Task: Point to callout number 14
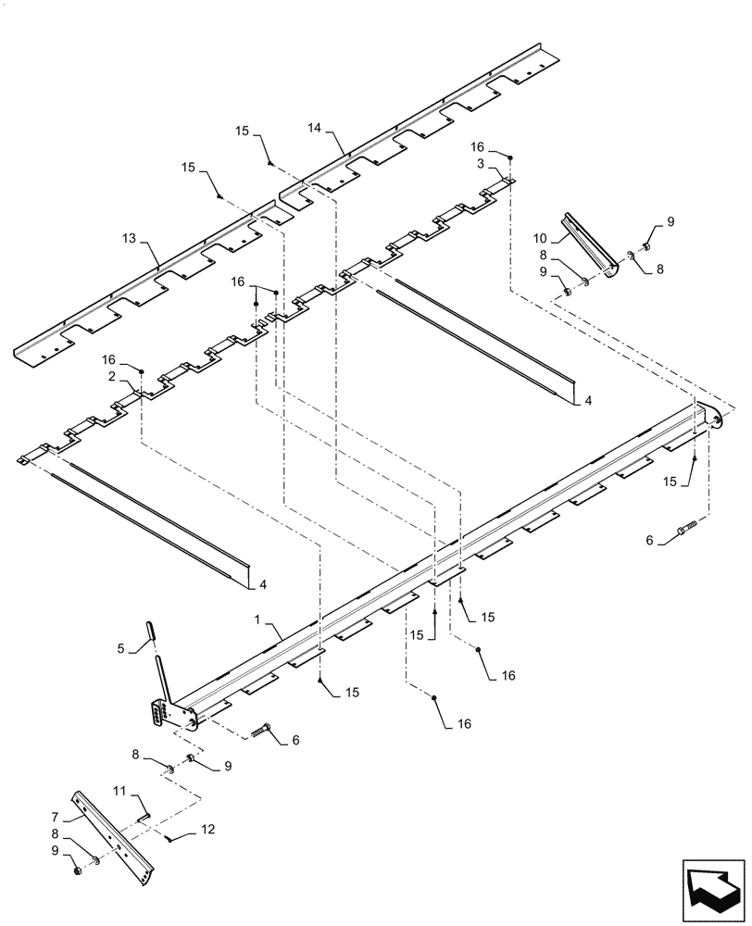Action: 315,131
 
